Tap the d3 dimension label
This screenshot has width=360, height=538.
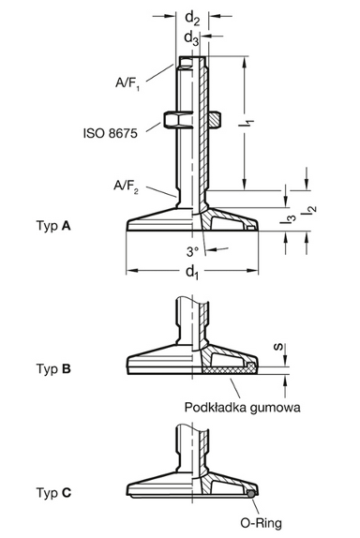coord(191,38)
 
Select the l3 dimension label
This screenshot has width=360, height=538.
coord(292,219)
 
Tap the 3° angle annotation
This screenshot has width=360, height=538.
coord(191,252)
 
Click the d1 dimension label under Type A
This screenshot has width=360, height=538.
coord(192,272)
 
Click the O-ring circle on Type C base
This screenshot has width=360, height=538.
coord(251,491)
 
